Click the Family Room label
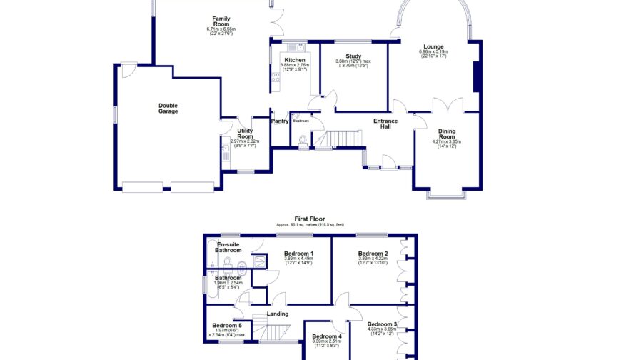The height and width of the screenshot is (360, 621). pos(221,21)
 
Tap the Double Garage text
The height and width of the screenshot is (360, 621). pos(168,109)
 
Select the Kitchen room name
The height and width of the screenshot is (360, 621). pos(294,61)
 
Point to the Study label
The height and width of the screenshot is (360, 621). pos(353,56)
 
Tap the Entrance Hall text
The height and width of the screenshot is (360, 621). pos(385,123)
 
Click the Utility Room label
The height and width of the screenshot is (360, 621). pos(245,133)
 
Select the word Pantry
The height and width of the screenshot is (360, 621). pos(280,121)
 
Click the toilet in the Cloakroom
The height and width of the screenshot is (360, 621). pos(303,139)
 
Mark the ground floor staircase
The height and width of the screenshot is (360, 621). pos(340,138)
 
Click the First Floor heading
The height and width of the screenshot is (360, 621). pos(310,219)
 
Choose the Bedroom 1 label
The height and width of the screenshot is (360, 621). pos(298,254)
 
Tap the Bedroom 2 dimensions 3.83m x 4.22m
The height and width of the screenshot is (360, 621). pos(373,259)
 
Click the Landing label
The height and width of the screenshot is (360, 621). pos(277,314)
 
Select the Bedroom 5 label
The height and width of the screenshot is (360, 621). pos(226,326)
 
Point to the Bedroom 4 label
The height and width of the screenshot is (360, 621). pos(326,336)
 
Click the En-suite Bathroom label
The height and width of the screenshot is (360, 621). pos(228,248)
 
